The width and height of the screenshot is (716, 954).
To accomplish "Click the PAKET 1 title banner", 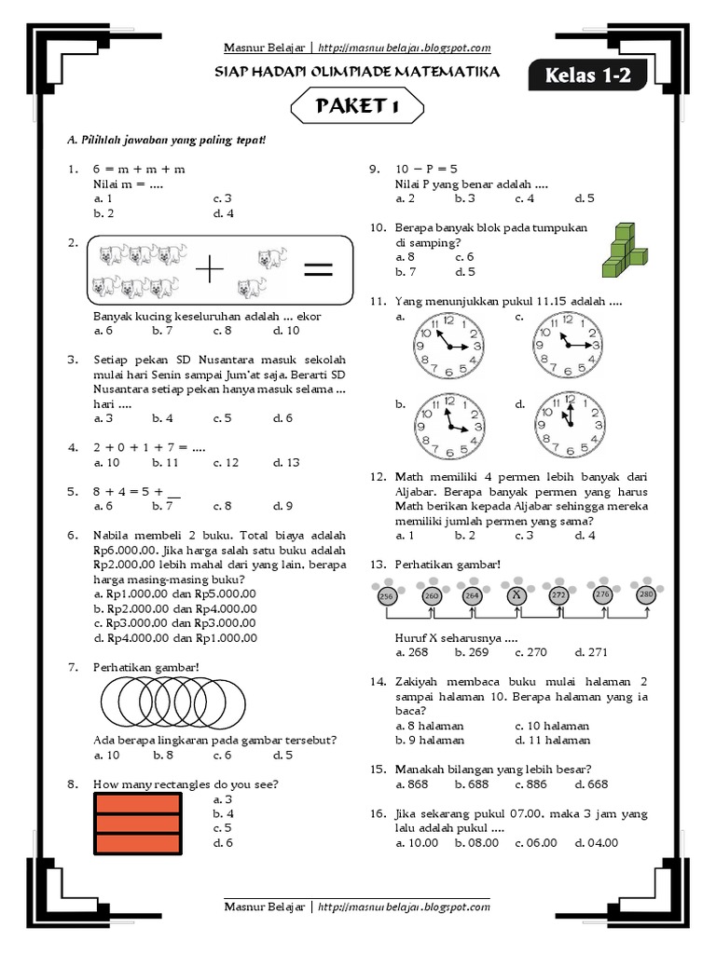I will (x=357, y=108).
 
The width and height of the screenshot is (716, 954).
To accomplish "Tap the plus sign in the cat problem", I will (x=212, y=271).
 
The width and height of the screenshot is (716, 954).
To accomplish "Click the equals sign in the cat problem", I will (x=317, y=270).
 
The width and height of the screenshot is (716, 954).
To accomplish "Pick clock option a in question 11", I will (x=448, y=345).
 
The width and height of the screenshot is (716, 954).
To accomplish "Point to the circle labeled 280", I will (x=645, y=594).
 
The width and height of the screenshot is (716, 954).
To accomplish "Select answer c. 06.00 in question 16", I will (x=535, y=842).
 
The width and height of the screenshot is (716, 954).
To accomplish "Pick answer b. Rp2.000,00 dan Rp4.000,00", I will (x=174, y=608).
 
